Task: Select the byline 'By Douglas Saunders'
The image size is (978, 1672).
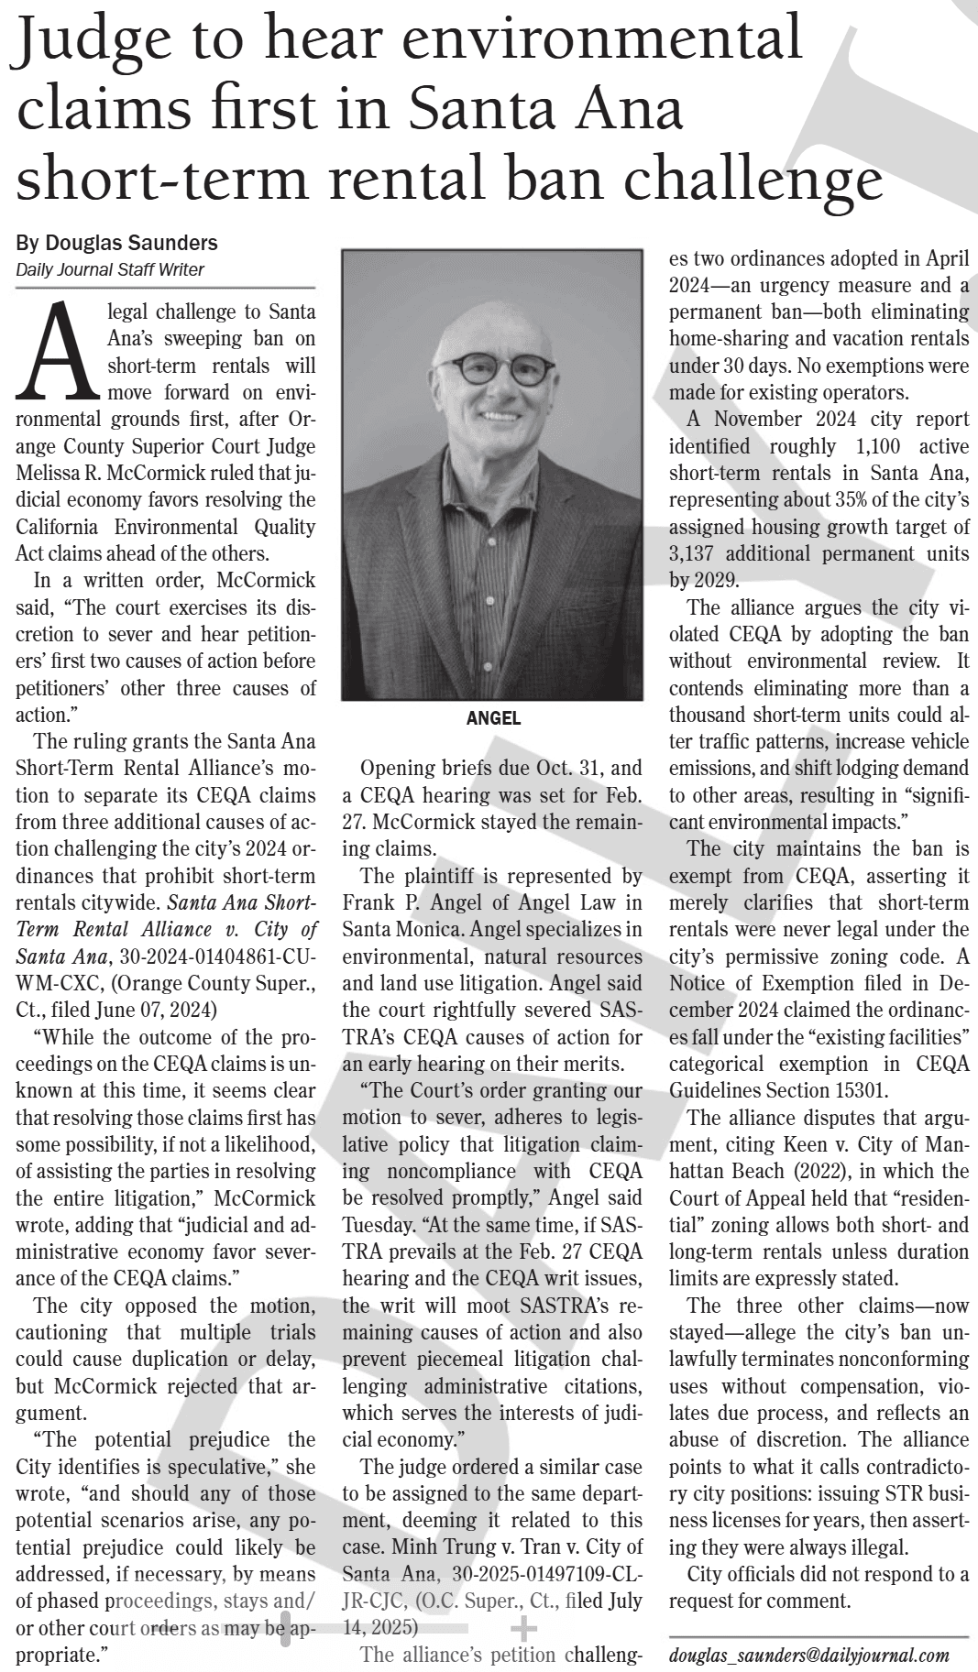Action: [117, 243]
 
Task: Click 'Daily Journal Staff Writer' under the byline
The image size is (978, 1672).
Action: [110, 269]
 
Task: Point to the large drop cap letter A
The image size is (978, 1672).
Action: [56, 354]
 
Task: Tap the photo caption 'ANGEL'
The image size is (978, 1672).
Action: [494, 719]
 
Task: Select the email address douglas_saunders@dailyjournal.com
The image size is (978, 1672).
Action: [808, 1656]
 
